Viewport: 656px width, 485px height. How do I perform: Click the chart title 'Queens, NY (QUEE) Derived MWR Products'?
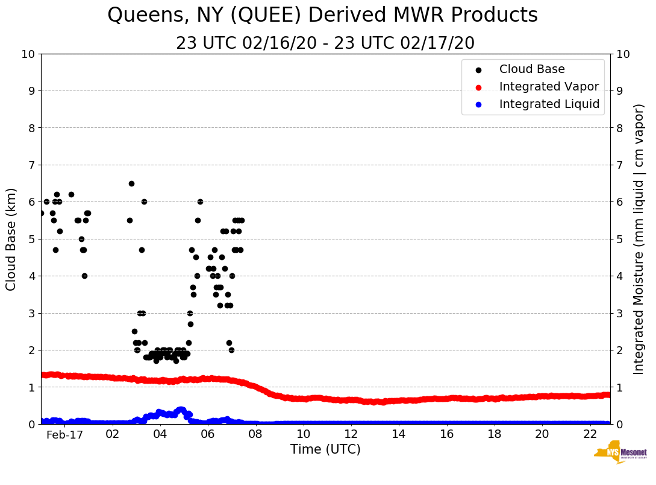(x=322, y=15)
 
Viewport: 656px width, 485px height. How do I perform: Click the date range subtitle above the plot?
(x=325, y=43)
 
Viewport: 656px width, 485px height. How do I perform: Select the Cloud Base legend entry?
(x=532, y=69)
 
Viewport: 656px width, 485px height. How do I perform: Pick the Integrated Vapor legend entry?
(x=549, y=87)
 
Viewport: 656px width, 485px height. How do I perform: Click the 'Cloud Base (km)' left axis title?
(x=11, y=239)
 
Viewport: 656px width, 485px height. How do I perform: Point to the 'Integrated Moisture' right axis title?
(x=639, y=239)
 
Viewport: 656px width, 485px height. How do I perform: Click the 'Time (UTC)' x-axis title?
(x=325, y=449)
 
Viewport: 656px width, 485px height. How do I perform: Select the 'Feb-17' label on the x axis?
(x=64, y=434)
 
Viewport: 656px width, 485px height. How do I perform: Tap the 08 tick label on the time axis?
(x=255, y=434)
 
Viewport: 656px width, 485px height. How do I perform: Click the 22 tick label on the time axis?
(x=590, y=434)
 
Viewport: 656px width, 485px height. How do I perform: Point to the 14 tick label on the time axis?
(x=399, y=434)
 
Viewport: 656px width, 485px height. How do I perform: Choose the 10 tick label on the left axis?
(x=28, y=54)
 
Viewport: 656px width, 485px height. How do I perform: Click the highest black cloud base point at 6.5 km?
(x=131, y=183)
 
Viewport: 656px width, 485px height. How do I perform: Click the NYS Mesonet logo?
(x=620, y=454)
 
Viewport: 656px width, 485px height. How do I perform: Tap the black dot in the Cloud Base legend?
(x=478, y=70)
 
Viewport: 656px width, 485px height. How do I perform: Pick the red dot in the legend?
(x=478, y=87)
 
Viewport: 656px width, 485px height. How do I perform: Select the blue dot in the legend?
(x=478, y=105)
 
